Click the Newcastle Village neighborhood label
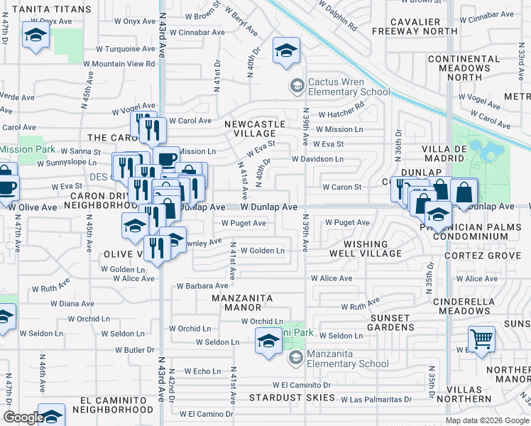[x=255, y=129]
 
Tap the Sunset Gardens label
[x=399, y=322]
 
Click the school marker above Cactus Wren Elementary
[x=287, y=50]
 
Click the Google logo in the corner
[x=23, y=417]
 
